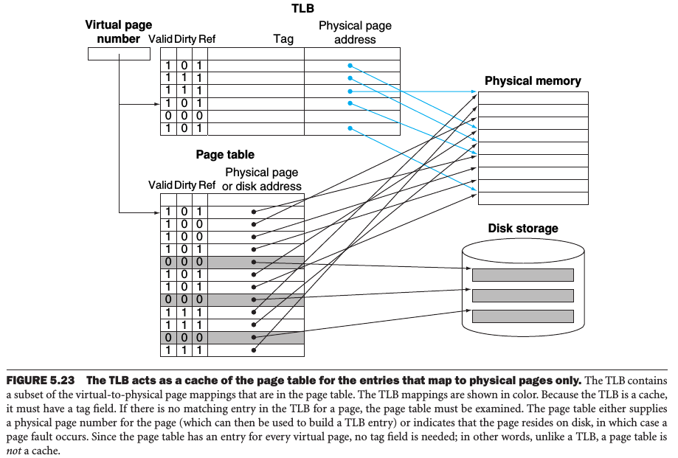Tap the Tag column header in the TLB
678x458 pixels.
coord(283,39)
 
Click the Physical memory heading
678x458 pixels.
coord(533,81)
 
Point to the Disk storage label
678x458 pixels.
coord(523,229)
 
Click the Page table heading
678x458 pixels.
coord(225,155)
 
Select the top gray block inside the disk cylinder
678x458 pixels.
coord(522,275)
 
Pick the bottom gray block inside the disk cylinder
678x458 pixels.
coord(522,316)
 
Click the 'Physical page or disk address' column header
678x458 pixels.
coord(262,179)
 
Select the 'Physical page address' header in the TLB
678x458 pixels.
coord(355,32)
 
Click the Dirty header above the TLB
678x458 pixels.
coord(184,39)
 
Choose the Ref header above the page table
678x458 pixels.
coord(207,185)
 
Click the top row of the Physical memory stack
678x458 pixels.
coord(533,98)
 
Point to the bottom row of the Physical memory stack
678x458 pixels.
coord(533,198)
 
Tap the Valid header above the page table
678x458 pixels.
coord(160,185)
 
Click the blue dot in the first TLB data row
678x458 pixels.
coord(350,65)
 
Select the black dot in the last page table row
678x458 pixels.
coord(253,350)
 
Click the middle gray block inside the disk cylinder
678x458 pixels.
coord(522,296)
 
